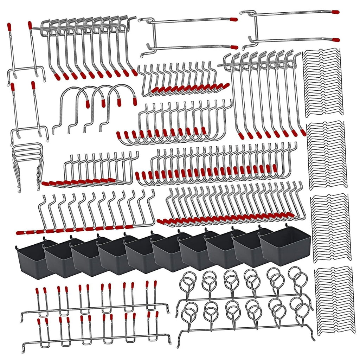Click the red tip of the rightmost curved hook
point(134,102)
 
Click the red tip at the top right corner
point(336,12)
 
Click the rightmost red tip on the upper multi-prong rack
point(155,283)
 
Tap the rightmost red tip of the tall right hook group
point(303,133)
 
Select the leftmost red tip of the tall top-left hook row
point(56,76)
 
